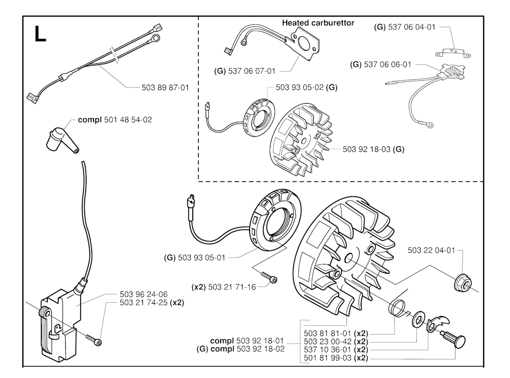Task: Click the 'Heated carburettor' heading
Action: pyautogui.click(x=318, y=23)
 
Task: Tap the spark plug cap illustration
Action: pyautogui.click(x=59, y=138)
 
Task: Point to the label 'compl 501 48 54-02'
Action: pyautogui.click(x=115, y=120)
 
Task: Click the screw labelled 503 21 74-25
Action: pyautogui.click(x=93, y=339)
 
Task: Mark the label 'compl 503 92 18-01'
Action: pyautogui.click(x=247, y=342)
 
